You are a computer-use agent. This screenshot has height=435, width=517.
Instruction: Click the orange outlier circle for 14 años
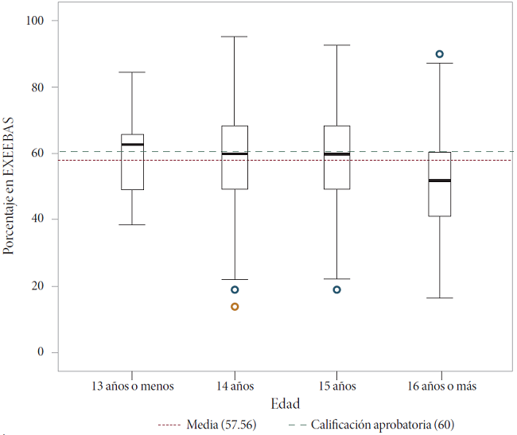[235, 306]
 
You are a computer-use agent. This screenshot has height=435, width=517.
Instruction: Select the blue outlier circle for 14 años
[235, 289]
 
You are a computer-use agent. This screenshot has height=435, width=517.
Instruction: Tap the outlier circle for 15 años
[336, 289]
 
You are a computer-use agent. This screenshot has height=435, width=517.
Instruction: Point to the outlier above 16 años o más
[439, 54]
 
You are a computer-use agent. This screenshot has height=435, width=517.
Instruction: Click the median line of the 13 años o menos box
[132, 145]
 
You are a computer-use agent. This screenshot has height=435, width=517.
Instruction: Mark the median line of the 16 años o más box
[439, 181]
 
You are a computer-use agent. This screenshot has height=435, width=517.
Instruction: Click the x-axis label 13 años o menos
[132, 386]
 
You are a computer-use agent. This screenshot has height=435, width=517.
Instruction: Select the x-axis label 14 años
[235, 386]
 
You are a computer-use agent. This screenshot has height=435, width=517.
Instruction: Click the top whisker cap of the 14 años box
[235, 37]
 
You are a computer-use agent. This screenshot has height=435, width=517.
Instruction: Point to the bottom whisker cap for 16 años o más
[439, 298]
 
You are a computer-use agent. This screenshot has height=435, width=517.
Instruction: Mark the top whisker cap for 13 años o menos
[132, 72]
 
